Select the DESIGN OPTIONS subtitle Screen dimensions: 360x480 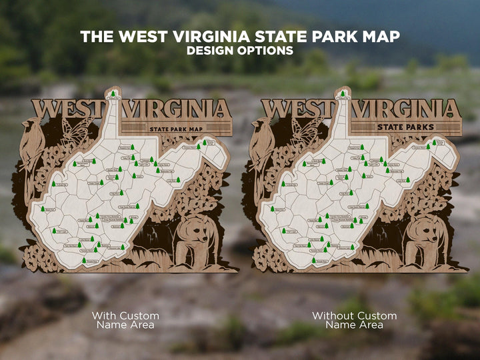(x=239, y=51)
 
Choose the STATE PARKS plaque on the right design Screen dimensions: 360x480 (x=405, y=127)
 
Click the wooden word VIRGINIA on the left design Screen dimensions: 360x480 (x=179, y=109)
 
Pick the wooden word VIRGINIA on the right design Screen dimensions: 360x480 (x=407, y=109)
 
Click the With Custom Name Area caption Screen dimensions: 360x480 (x=125, y=320)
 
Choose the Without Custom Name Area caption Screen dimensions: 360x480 (x=354, y=320)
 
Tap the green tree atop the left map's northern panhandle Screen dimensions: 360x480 (x=113, y=94)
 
